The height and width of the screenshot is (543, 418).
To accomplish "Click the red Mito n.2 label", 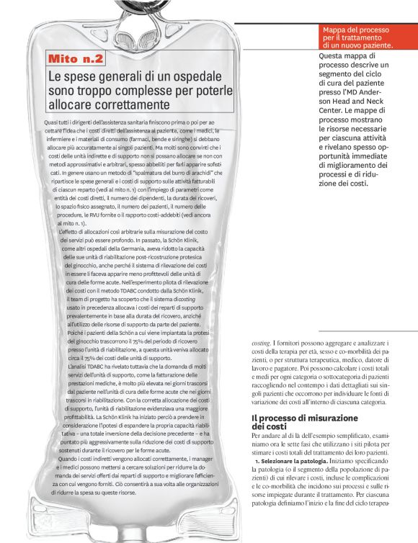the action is [x=76, y=58].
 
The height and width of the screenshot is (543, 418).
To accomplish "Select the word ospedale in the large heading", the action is [x=208, y=76].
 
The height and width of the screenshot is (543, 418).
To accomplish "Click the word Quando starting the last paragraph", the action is [x=71, y=459].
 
